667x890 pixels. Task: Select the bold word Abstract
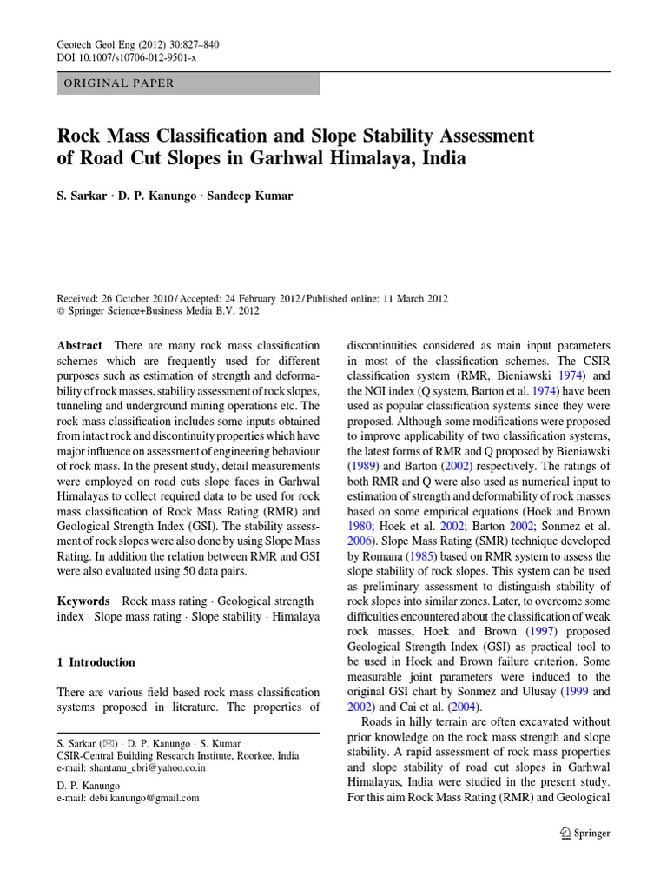pos(79,345)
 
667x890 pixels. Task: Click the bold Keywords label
pos(83,601)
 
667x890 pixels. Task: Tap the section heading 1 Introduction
pos(96,662)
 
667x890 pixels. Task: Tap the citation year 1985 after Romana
pos(419,556)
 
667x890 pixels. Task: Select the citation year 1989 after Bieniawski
pos(365,466)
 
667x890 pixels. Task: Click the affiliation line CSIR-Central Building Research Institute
pos(182,757)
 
